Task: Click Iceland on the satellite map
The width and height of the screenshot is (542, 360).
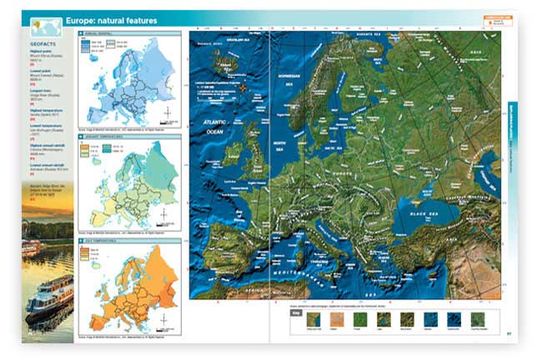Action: coord(223,60)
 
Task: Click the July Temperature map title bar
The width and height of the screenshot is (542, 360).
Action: coord(103,239)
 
